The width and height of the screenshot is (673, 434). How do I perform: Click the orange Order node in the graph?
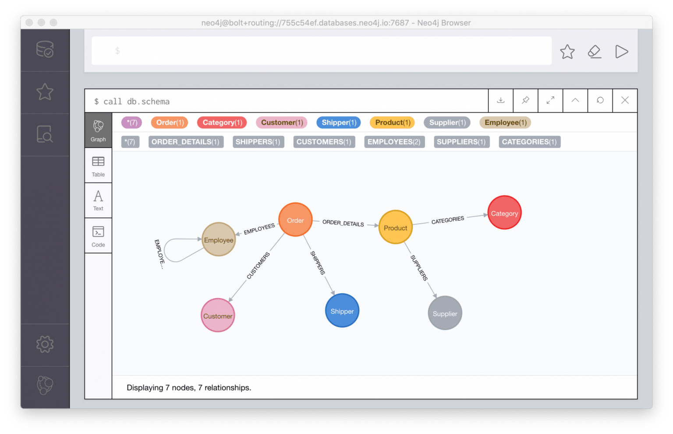295,220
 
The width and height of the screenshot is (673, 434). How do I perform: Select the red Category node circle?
504,213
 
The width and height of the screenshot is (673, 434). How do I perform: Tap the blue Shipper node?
342,311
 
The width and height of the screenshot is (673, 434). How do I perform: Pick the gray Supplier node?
445,313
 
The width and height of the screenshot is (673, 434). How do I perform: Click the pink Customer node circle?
218,315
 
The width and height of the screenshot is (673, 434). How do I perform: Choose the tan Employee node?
219,239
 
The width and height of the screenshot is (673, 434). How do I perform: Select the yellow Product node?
395,227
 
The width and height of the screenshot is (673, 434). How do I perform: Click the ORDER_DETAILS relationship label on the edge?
343,223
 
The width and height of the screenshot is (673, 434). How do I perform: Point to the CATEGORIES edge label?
447,220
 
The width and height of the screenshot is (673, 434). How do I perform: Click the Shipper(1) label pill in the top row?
339,122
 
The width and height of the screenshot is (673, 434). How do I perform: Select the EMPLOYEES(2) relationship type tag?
394,142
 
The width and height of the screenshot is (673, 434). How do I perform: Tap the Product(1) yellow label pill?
393,122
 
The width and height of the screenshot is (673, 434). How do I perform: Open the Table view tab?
98,166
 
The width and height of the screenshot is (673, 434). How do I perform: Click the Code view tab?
98,236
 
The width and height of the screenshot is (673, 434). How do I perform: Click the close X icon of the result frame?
625,100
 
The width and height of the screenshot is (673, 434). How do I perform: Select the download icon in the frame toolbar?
500,100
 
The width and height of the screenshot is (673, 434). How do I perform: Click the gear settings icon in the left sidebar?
45,344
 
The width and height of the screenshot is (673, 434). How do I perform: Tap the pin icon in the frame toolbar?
525,100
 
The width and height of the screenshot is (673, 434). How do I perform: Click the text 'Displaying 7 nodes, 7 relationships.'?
189,388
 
